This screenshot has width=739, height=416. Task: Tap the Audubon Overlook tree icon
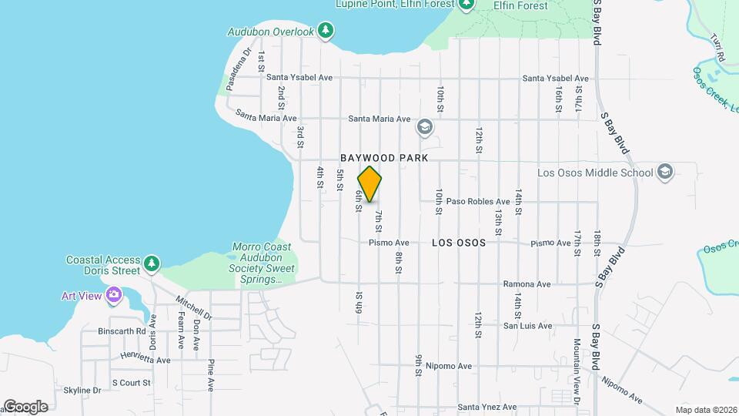point(327,30)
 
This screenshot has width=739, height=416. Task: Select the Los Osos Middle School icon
point(665,173)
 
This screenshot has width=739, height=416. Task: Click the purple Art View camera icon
point(114,294)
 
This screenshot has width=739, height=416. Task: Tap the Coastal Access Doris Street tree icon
point(152,264)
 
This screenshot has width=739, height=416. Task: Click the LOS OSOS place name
point(459,242)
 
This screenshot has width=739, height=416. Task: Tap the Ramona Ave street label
point(527,284)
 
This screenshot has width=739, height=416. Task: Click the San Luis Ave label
point(527,326)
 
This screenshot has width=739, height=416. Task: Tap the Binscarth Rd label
point(122,332)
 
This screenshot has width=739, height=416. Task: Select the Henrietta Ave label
point(145,359)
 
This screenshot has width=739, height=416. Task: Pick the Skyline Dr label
point(82,391)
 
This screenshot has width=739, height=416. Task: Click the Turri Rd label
point(717,48)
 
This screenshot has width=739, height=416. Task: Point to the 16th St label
point(559,99)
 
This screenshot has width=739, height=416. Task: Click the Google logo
point(26,407)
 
